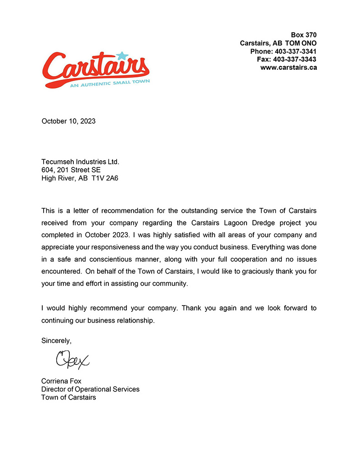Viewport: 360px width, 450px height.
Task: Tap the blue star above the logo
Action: pyautogui.click(x=121, y=56)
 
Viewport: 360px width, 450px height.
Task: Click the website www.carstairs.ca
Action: pyautogui.click(x=288, y=67)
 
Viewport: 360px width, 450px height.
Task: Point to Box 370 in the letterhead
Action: pyautogui.click(x=304, y=35)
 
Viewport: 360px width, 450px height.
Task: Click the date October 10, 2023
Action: pyautogui.click(x=68, y=121)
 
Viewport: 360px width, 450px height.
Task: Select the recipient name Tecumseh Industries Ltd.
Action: pyautogui.click(x=80, y=161)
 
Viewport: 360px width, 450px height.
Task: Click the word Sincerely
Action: pyautogui.click(x=56, y=341)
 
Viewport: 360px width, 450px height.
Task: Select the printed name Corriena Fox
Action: pyautogui.click(x=61, y=381)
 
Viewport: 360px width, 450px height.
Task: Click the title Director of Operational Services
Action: pyautogui.click(x=90, y=389)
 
